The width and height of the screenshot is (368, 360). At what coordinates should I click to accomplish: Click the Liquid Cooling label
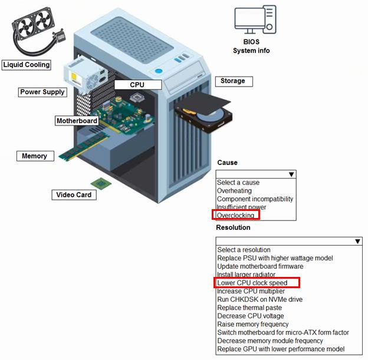(x=26, y=65)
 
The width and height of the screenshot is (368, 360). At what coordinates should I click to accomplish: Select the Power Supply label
(x=42, y=92)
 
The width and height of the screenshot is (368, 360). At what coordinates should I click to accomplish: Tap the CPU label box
(x=137, y=84)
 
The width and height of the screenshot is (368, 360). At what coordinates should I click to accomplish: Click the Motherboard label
(x=77, y=121)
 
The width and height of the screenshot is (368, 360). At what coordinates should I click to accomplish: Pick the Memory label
(x=35, y=156)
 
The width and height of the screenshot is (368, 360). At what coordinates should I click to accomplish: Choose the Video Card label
(x=74, y=194)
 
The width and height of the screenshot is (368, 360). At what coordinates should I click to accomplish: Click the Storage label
(x=232, y=81)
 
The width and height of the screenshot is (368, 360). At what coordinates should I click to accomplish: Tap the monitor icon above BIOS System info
(x=254, y=20)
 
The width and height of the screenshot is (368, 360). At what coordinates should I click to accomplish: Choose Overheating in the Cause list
(x=234, y=191)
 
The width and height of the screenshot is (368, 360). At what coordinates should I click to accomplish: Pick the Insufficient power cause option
(x=241, y=207)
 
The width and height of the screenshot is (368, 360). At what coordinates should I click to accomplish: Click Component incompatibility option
(x=255, y=199)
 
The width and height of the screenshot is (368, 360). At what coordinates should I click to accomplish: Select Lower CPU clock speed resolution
(x=252, y=283)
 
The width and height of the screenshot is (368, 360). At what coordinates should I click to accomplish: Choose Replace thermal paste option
(x=249, y=308)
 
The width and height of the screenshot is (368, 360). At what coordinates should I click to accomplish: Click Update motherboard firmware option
(x=261, y=266)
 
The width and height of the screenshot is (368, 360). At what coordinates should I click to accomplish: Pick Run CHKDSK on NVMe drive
(x=260, y=299)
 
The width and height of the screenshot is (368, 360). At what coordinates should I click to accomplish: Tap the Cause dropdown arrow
(x=291, y=174)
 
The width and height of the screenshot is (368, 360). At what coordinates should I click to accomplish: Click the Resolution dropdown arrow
(x=357, y=242)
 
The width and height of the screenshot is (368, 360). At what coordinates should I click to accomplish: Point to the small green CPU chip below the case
(x=100, y=183)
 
